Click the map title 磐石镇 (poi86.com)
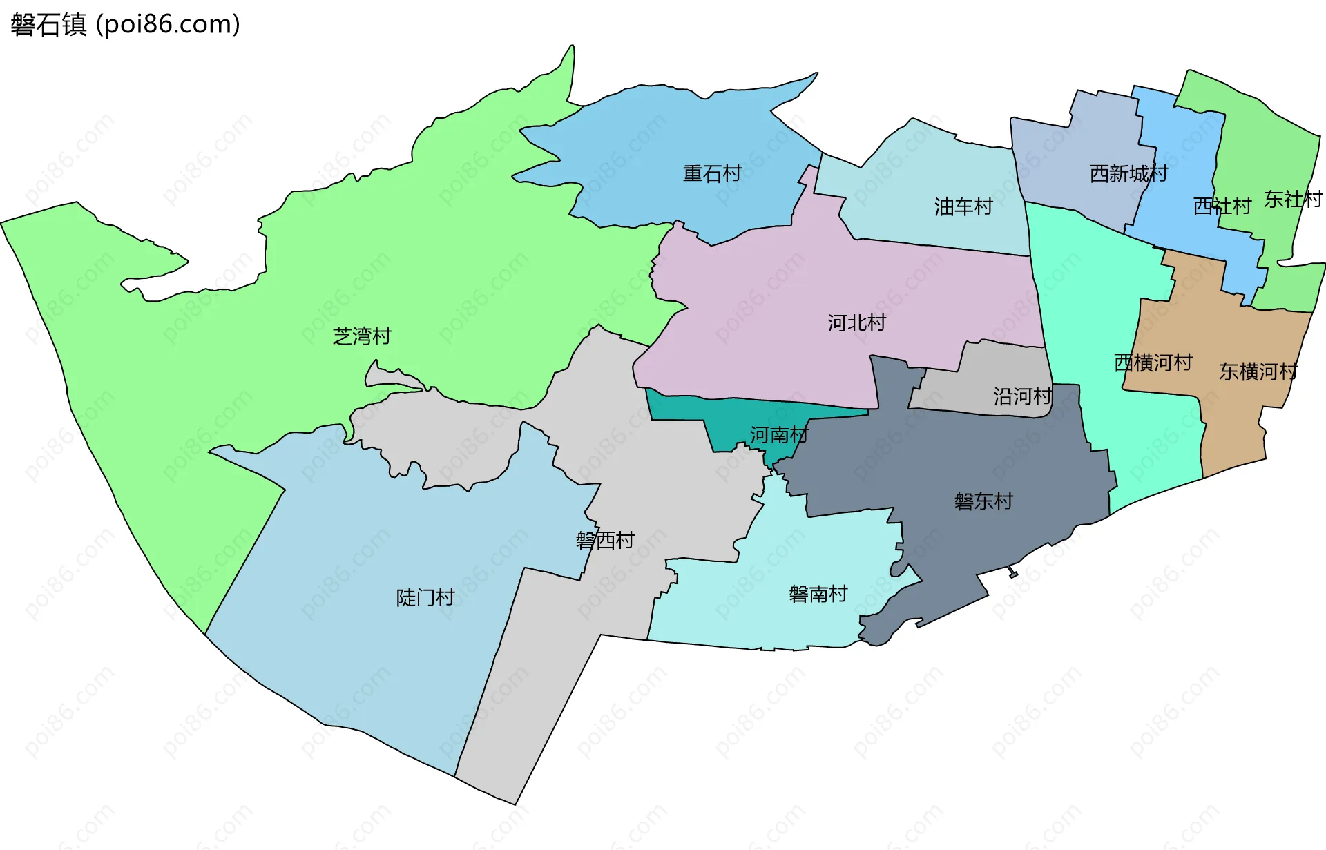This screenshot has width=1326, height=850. coord(125,24)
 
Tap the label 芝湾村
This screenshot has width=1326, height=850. coord(362,336)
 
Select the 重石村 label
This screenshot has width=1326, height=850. coord(712,173)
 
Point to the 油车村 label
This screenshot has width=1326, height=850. coord(963,206)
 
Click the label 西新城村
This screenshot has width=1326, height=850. coord(1128,173)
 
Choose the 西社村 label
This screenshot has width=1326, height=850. coord(1222,206)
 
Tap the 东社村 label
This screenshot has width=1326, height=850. coord(1293,200)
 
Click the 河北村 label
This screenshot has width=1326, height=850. coord(856,322)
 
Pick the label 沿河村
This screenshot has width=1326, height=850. coord(1023,396)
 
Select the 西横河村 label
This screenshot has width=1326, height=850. coord(1153,363)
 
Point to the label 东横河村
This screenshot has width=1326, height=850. coord(1258,371)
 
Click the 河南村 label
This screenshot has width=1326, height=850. coord(779,435)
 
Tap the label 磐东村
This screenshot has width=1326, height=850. coord(983,501)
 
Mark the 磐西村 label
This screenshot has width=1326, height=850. coord(605,540)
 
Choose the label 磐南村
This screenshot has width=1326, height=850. coord(818,594)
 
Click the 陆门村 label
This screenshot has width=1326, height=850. coord(425,597)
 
